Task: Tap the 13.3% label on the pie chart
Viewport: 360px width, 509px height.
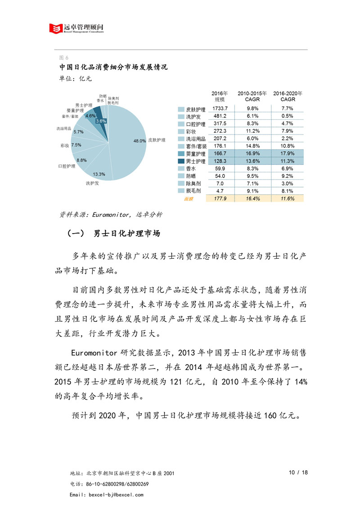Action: click(x=99, y=174)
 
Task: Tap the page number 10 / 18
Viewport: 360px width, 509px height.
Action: click(x=298, y=473)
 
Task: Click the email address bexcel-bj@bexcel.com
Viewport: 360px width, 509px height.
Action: click(x=113, y=495)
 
